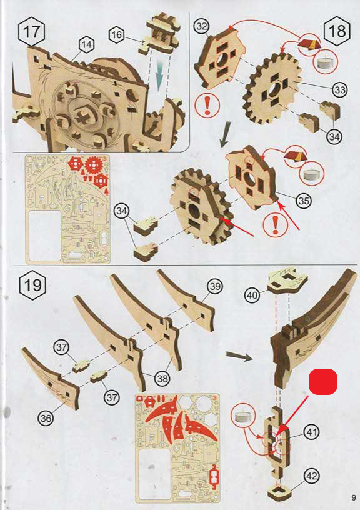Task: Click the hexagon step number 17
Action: click(x=32, y=32)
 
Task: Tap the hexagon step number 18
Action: click(x=337, y=31)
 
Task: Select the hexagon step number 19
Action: click(x=33, y=286)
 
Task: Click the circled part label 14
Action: click(x=86, y=45)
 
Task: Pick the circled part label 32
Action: click(x=202, y=26)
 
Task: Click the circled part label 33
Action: click(x=340, y=89)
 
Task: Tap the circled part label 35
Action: click(x=304, y=201)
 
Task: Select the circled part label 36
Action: click(x=46, y=417)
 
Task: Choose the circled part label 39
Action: click(x=215, y=286)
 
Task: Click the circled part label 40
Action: click(x=252, y=296)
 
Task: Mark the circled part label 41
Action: click(x=312, y=432)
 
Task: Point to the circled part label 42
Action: click(x=311, y=476)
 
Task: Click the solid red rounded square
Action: click(x=323, y=381)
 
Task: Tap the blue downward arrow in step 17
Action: click(x=159, y=77)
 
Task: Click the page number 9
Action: click(x=354, y=497)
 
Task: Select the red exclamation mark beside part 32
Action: click(x=207, y=106)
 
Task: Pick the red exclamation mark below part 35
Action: click(x=276, y=225)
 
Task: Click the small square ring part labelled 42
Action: click(x=279, y=491)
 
